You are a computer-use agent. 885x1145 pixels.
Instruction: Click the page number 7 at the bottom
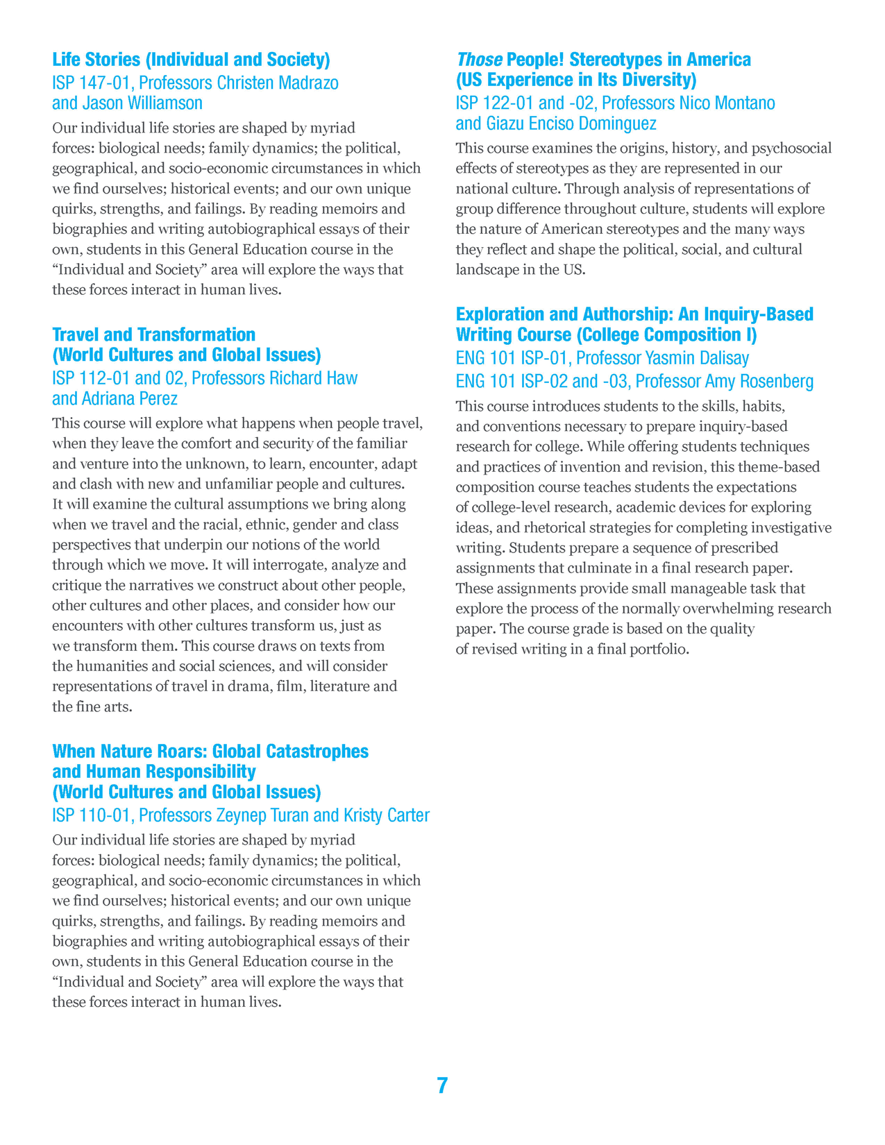coord(442,1085)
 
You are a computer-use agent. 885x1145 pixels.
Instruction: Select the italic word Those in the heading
coord(479,60)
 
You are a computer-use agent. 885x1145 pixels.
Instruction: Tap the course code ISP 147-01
coord(91,83)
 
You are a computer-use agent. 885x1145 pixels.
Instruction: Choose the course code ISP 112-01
coord(92,378)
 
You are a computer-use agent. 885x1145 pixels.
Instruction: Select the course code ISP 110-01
coord(91,815)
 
